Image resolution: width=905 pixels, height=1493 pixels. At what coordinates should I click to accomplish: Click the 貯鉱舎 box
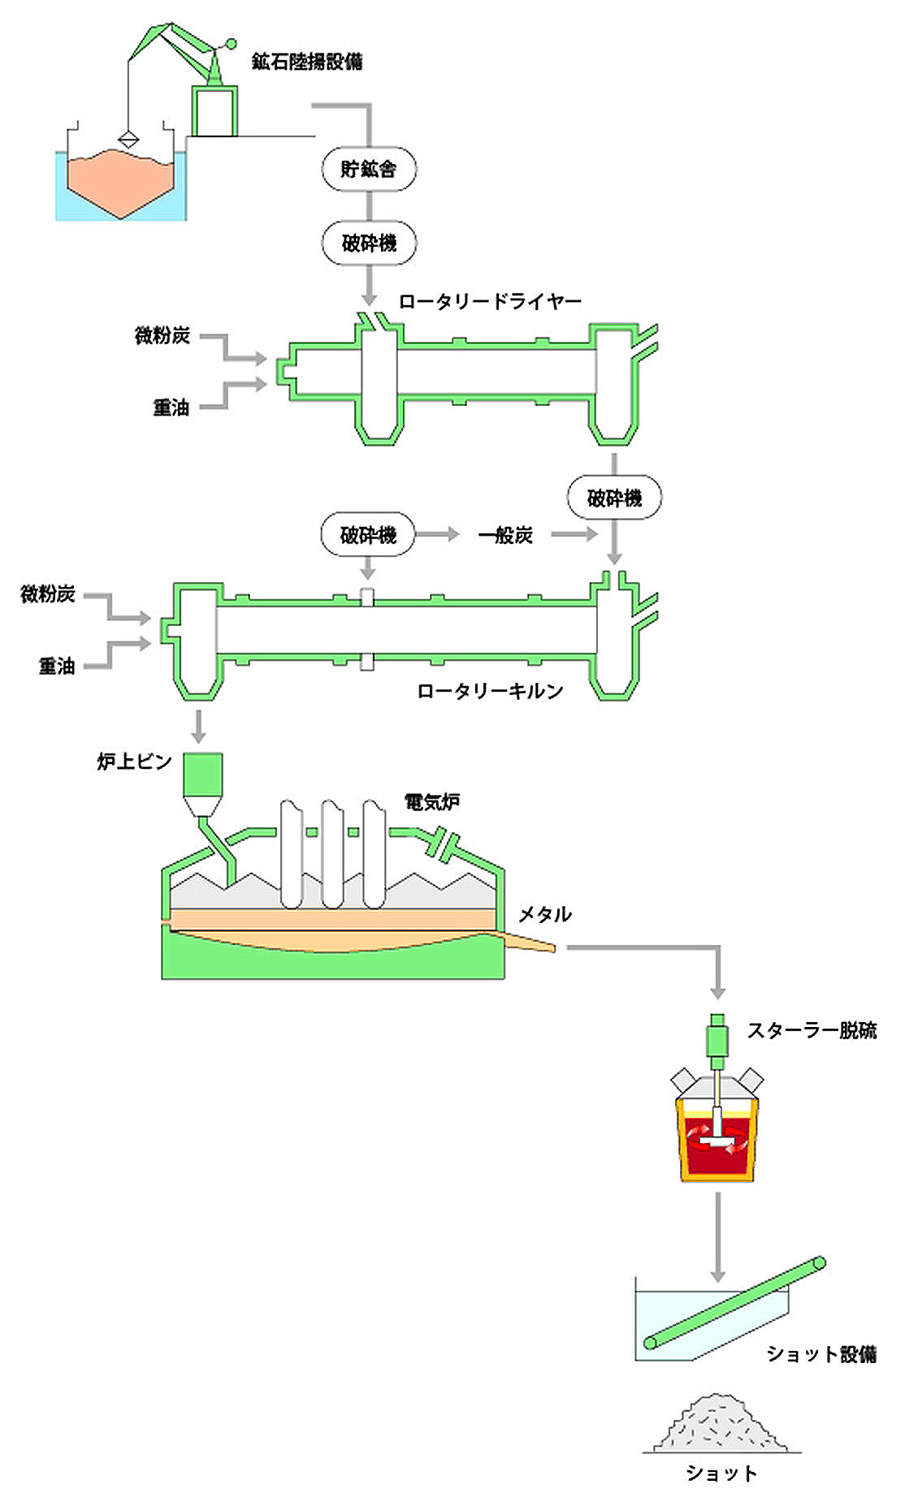369,169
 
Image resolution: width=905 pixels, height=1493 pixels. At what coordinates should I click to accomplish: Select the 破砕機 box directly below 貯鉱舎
369,243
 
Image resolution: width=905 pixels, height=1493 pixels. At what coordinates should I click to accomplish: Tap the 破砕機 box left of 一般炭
369,534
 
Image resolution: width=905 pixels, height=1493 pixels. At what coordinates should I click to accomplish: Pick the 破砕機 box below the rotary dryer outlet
614,497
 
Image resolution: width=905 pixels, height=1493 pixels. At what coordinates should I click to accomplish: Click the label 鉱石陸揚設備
307,62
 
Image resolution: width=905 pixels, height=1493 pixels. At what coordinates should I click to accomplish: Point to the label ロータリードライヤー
490,302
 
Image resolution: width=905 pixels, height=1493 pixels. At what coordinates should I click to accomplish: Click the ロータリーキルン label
490,691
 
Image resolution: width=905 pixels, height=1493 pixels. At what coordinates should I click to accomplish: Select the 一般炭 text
505,535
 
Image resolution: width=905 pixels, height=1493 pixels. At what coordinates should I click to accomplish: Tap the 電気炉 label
432,802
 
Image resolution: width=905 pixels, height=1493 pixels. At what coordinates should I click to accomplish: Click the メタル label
544,914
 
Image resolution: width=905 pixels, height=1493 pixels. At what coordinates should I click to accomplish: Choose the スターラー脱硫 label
811,1031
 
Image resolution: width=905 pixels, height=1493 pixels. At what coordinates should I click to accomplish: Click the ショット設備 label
821,1354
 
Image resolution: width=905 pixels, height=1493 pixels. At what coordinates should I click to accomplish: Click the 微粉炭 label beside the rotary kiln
48,594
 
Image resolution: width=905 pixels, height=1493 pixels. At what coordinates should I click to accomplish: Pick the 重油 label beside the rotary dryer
171,408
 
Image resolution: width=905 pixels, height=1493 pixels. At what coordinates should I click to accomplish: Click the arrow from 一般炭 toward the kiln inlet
574,534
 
